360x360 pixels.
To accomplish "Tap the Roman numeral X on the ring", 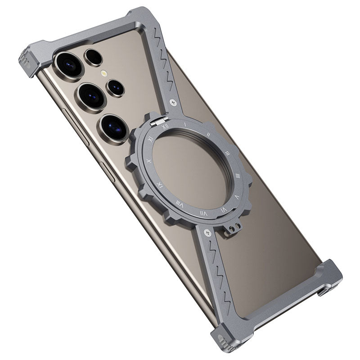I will (149, 161).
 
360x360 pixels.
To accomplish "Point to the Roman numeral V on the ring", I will (237, 197).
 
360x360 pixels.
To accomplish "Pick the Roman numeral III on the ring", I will (227, 153).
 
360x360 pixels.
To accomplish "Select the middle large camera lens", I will (91, 96).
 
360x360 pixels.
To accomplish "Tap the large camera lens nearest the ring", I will (114, 127).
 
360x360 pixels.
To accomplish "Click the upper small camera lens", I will (94, 57).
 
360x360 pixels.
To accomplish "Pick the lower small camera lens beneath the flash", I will (116, 88).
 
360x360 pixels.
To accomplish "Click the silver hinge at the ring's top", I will (160, 120).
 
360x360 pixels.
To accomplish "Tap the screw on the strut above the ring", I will (173, 103).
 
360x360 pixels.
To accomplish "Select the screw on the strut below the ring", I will (207, 232).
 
